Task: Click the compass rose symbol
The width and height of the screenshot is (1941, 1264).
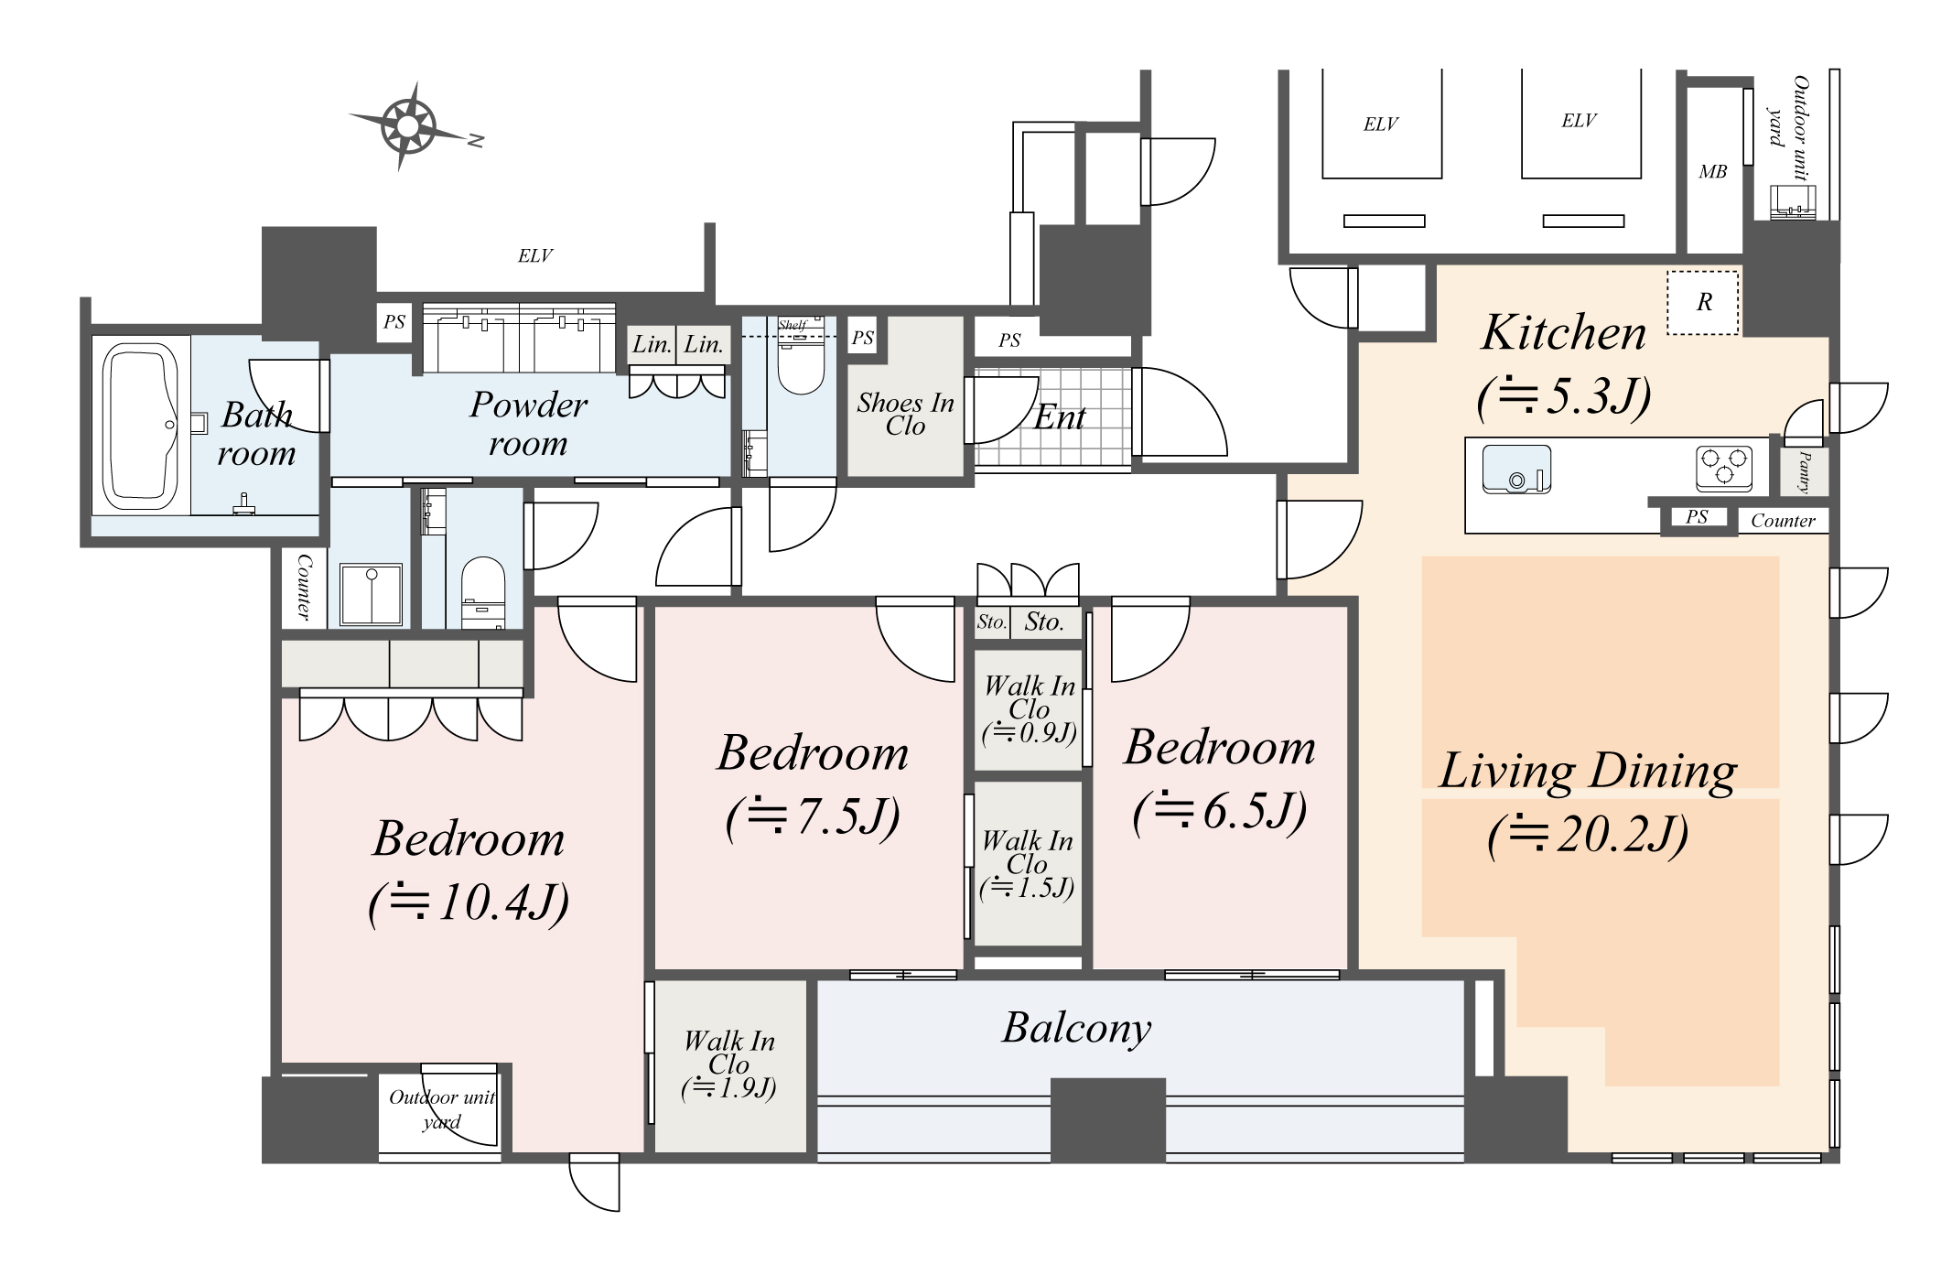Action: click(408, 125)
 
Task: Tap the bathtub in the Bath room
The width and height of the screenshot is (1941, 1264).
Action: click(140, 427)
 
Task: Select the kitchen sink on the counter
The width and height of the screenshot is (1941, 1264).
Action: click(1516, 469)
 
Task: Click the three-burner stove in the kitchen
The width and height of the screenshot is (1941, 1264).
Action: click(1724, 468)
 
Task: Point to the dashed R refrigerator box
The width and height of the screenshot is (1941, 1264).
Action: click(1702, 303)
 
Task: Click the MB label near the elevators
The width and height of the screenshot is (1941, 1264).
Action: click(1712, 172)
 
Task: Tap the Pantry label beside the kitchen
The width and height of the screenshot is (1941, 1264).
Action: click(1805, 472)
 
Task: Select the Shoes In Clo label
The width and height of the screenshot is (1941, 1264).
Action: click(905, 414)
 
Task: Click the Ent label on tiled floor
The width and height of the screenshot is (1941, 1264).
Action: click(1060, 417)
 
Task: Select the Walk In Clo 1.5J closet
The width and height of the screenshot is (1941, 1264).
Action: click(1027, 864)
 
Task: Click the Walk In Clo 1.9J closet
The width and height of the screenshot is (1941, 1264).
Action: click(729, 1064)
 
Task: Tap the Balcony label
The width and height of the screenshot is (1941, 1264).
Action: click(1076, 1028)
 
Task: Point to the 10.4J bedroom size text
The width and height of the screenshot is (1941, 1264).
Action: click(469, 902)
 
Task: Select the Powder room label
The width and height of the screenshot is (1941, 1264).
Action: click(528, 424)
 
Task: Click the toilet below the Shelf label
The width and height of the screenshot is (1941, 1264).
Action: click(801, 367)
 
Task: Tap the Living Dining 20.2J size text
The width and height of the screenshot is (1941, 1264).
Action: click(1588, 834)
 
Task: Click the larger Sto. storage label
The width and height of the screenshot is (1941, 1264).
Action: click(1044, 622)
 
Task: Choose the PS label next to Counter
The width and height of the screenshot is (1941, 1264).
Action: click(1697, 517)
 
